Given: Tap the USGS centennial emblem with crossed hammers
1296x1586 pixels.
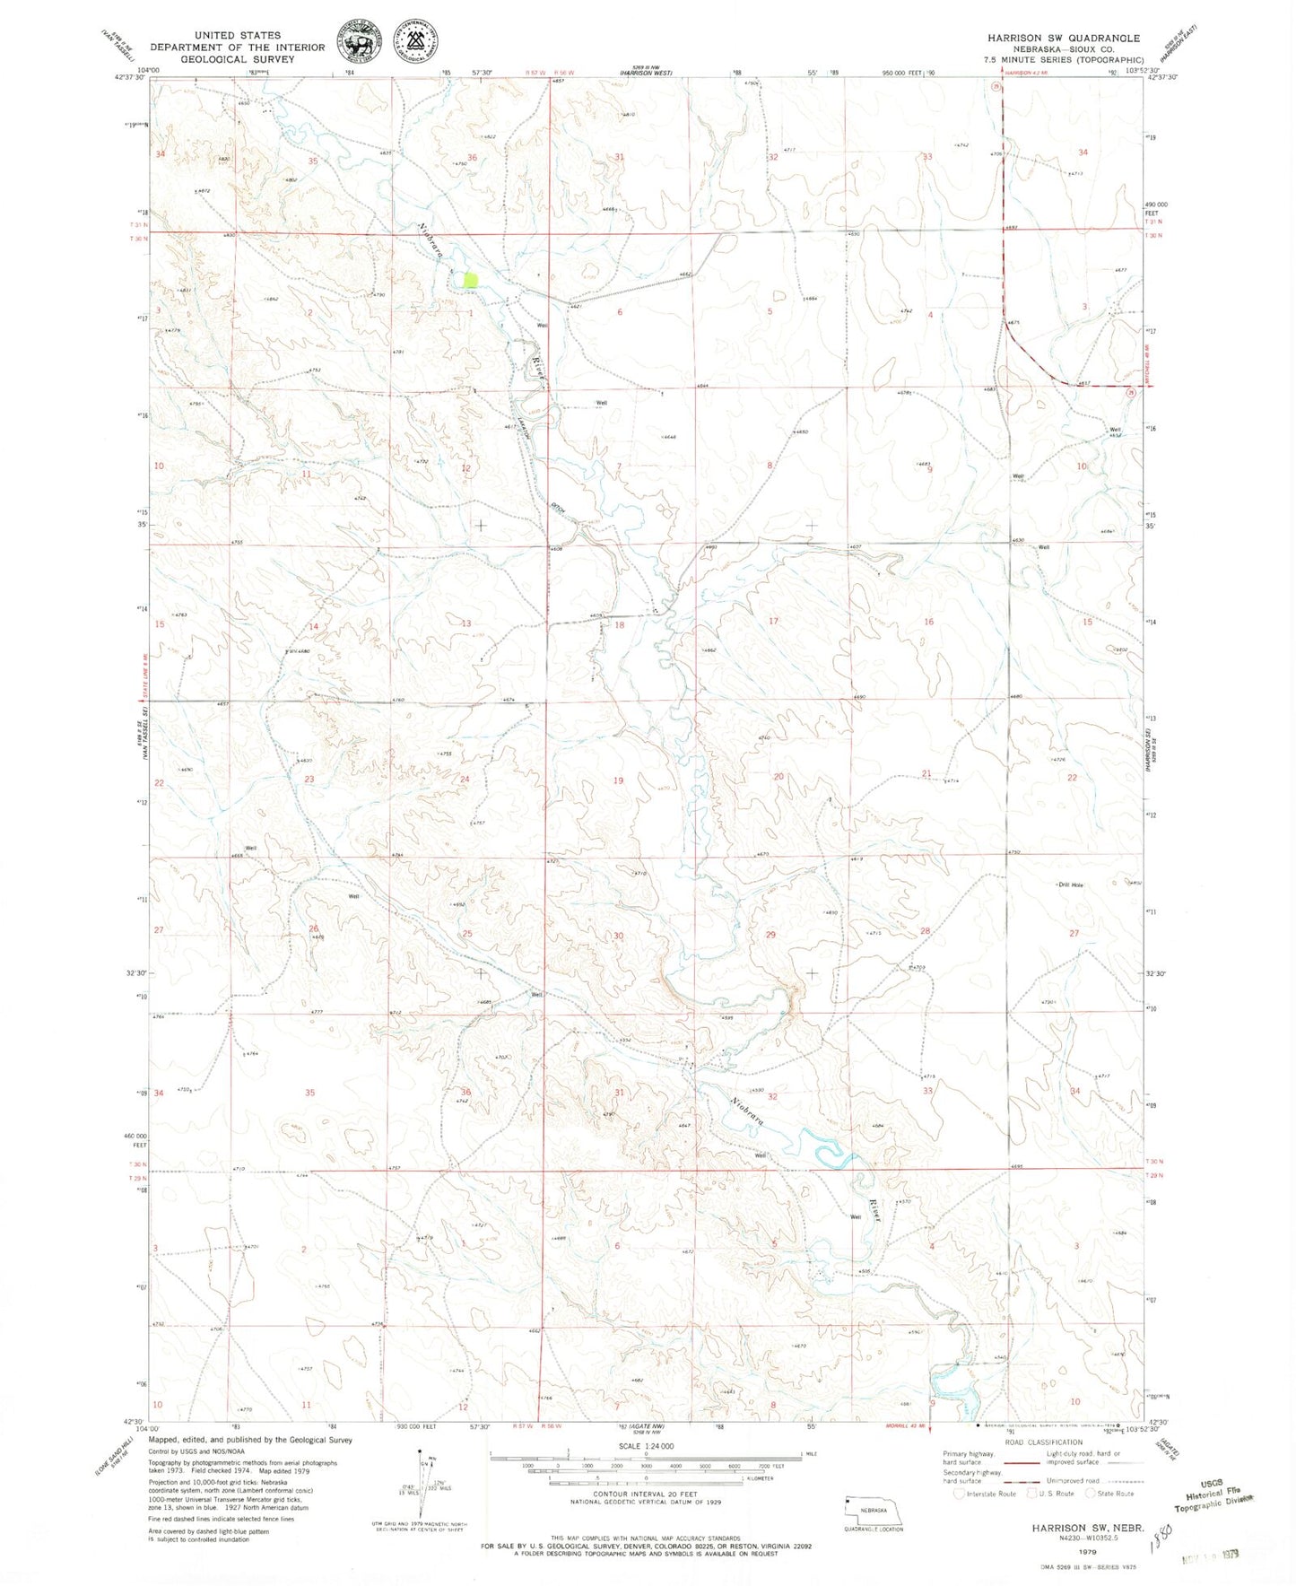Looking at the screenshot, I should click(x=415, y=39).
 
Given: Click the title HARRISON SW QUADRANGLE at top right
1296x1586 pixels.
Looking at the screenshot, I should click(x=1064, y=38).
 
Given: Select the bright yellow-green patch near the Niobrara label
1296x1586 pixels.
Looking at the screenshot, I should click(x=471, y=279).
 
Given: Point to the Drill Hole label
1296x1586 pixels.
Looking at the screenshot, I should click(x=1070, y=885).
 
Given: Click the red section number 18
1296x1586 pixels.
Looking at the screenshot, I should click(x=619, y=625).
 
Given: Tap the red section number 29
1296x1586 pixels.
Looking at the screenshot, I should click(x=770, y=935).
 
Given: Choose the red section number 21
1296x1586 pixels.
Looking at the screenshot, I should click(x=926, y=773).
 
